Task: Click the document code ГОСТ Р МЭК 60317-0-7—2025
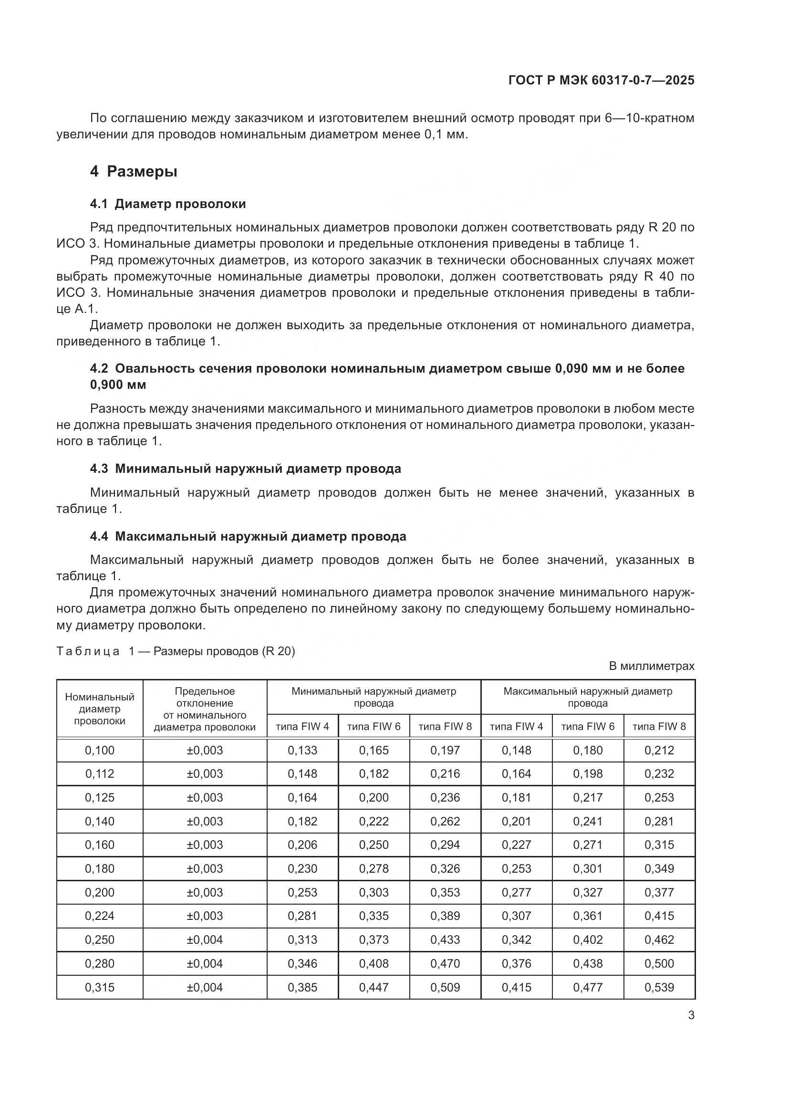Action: coord(601,80)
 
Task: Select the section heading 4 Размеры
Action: coord(133,172)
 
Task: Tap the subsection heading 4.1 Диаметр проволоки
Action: coord(167,204)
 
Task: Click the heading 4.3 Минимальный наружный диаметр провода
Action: coord(245,469)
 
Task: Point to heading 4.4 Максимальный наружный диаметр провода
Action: coord(248,536)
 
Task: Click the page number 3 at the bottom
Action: coord(691,1015)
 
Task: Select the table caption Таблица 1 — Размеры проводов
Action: coord(176,651)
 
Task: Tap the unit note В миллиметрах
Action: coord(652,666)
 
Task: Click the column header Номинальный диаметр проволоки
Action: coord(100,709)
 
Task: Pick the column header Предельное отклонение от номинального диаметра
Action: coord(205,709)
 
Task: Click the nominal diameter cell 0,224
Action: coord(100,916)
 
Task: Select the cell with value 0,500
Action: coord(659,963)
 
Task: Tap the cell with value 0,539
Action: coord(659,987)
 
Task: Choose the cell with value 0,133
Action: coord(302,750)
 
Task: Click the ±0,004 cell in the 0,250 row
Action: coord(205,939)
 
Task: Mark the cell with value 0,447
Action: coord(374,987)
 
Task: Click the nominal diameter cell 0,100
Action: coord(100,750)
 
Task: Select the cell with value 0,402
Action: coord(587,939)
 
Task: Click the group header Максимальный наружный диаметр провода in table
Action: coord(587,697)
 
